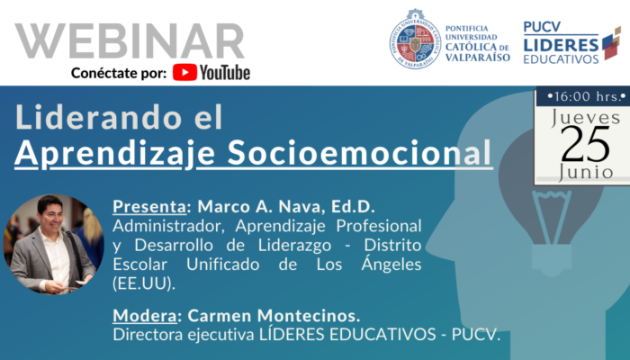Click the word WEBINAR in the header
pyautogui.click(x=130, y=41)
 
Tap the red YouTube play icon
pyautogui.click(x=184, y=73)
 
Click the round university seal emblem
pyautogui.click(x=416, y=39)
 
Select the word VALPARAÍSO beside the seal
pyautogui.click(x=478, y=58)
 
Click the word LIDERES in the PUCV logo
pyautogui.click(x=561, y=45)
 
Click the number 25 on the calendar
pyautogui.click(x=585, y=144)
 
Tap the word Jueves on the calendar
pyautogui.click(x=585, y=118)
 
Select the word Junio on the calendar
pyautogui.click(x=586, y=172)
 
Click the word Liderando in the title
pyautogui.click(x=97, y=117)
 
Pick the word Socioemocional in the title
pyautogui.click(x=360, y=153)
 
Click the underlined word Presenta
pyautogui.click(x=149, y=206)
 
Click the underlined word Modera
pyautogui.click(x=145, y=315)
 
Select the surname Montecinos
pyautogui.click(x=309, y=315)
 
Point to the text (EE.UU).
pyautogui.click(x=144, y=283)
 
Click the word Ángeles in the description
pyautogui.click(x=391, y=264)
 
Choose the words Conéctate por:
pyautogui.click(x=119, y=73)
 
